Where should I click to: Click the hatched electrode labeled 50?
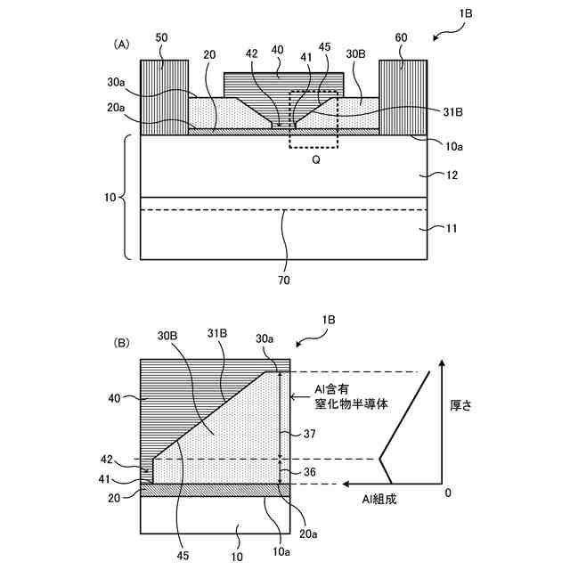163,98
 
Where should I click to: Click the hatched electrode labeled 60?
404,98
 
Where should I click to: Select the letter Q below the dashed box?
314,162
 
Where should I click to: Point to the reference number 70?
282,280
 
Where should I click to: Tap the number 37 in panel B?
307,434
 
